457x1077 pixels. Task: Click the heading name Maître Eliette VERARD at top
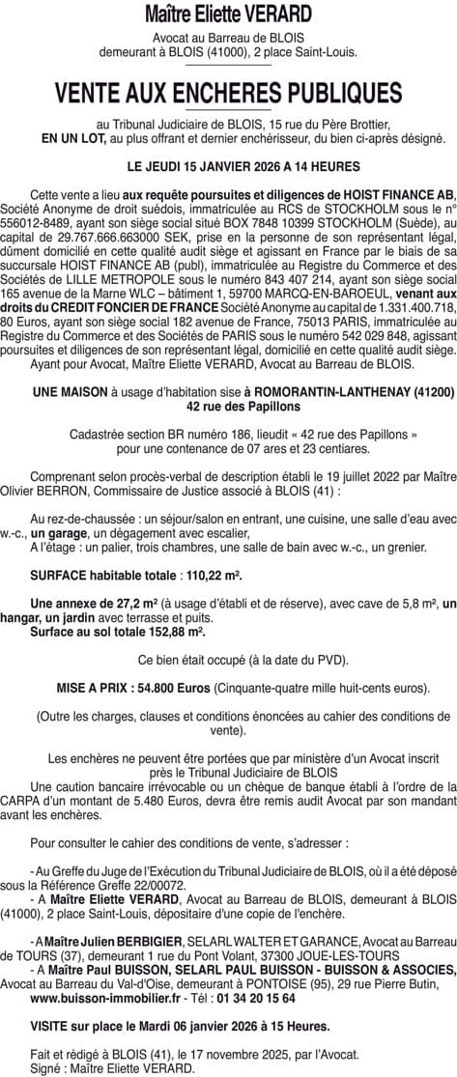click(x=228, y=15)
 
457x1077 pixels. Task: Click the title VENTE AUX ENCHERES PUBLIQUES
click(x=228, y=93)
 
